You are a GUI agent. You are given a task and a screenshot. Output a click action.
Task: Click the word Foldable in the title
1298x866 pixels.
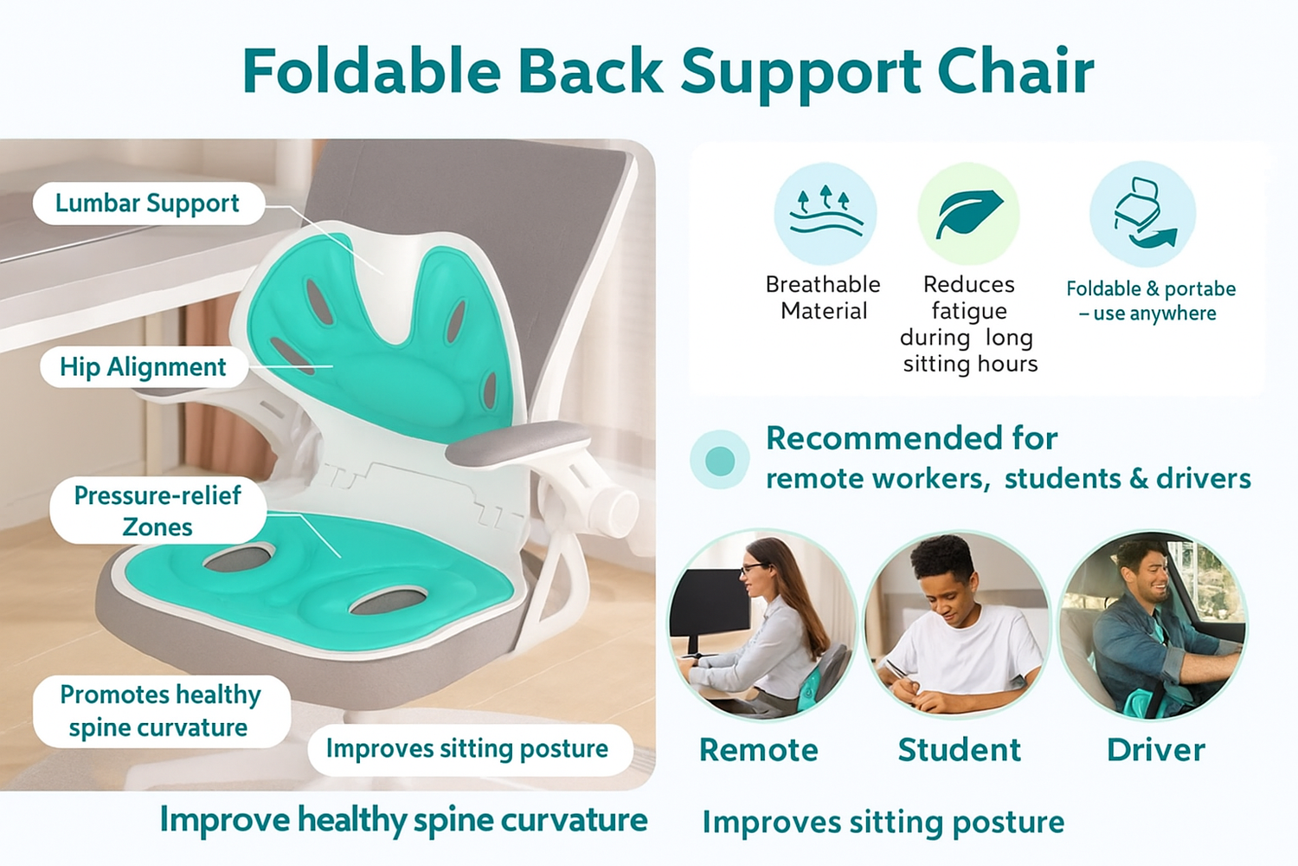pyautogui.click(x=371, y=71)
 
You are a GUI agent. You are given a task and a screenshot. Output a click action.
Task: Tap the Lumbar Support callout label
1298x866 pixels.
pyautogui.click(x=148, y=204)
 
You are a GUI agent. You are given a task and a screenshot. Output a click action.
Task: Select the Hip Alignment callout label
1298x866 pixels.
pyautogui.click(x=144, y=367)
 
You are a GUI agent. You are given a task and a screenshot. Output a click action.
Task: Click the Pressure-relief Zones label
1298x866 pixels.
pyautogui.click(x=157, y=511)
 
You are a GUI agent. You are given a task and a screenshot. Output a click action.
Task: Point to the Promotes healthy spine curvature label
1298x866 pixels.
pyautogui.click(x=161, y=711)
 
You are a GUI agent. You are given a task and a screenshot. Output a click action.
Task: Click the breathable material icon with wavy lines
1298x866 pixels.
pyautogui.click(x=826, y=213)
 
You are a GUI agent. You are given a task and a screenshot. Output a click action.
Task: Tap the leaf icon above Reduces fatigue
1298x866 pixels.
pyautogui.click(x=969, y=213)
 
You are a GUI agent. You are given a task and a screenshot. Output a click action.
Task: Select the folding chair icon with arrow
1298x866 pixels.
pyautogui.click(x=1142, y=213)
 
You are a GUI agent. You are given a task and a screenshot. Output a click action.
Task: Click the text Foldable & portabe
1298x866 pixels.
pyautogui.click(x=1151, y=288)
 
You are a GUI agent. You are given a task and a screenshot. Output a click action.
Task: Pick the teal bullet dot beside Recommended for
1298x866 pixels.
pyautogui.click(x=720, y=461)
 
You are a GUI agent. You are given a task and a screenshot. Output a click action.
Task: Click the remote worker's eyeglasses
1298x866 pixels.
pyautogui.click(x=754, y=568)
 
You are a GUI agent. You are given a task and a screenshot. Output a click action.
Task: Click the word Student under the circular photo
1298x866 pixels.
pyautogui.click(x=959, y=750)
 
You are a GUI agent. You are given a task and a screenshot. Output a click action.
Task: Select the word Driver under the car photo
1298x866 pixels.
pyautogui.click(x=1156, y=750)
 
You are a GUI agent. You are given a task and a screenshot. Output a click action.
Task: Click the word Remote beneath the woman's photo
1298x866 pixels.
pyautogui.click(x=759, y=750)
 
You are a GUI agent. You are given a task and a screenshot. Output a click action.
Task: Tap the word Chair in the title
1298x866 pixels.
pyautogui.click(x=1016, y=71)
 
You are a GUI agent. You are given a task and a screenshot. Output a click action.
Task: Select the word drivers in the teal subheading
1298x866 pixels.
pyautogui.click(x=1204, y=479)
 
